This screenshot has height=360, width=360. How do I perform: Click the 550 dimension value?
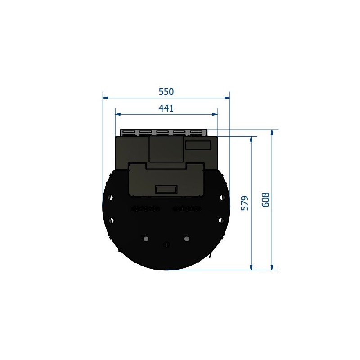click(x=166, y=92)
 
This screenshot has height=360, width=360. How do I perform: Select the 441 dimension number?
click(x=166, y=108)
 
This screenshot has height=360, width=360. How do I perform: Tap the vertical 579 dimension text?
click(x=245, y=203)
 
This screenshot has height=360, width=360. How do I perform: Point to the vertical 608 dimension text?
click(x=265, y=200)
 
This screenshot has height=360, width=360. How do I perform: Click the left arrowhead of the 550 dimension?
click(x=105, y=98)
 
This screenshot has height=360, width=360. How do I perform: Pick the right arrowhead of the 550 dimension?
click(x=227, y=98)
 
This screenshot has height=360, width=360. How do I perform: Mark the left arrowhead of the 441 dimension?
click(x=118, y=114)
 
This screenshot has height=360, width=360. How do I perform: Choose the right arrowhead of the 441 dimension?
click(x=215, y=114)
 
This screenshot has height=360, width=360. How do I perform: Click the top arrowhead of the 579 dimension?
click(x=251, y=139)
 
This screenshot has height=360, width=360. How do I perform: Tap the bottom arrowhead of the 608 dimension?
click(x=272, y=267)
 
